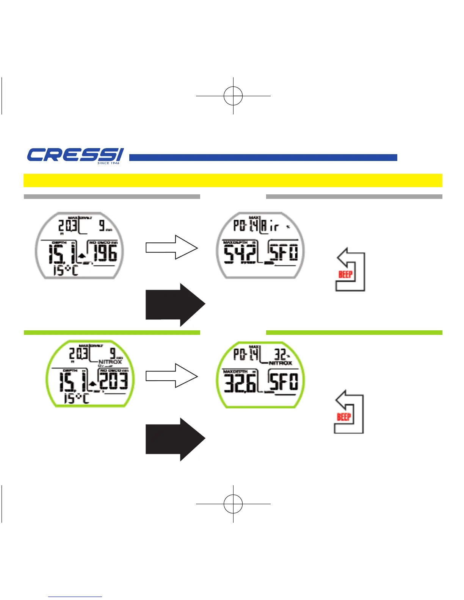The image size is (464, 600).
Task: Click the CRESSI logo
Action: (x=75, y=155)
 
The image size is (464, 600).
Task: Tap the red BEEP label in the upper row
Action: (x=345, y=274)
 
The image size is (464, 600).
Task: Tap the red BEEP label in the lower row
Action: (x=344, y=417)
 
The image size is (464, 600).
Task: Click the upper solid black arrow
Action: (x=175, y=305)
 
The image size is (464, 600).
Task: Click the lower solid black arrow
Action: (x=175, y=439)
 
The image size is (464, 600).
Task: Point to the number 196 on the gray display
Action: (x=105, y=253)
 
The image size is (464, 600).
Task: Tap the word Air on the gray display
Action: (x=270, y=227)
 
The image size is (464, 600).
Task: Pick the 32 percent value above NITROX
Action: (x=281, y=355)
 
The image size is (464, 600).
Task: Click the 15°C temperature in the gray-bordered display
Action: (x=65, y=270)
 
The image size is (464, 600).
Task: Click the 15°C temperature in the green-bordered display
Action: (x=76, y=398)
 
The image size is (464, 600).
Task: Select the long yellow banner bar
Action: (x=233, y=180)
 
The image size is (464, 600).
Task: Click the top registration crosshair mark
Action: (x=233, y=96)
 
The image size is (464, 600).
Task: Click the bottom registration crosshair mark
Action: (x=233, y=504)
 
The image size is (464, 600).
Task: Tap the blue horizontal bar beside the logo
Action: (x=263, y=158)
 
